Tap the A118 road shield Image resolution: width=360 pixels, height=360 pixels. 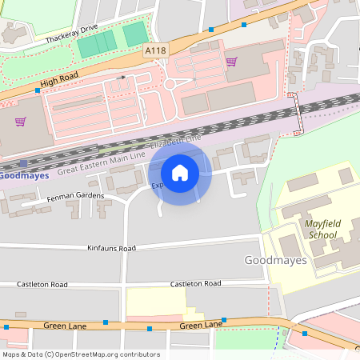pyautogui.click(x=155, y=50)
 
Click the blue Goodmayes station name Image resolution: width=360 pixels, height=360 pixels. pyautogui.click(x=23, y=175)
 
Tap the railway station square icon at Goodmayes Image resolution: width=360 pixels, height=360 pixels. pyautogui.click(x=24, y=163)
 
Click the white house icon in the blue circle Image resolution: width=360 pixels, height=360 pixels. pyautogui.click(x=180, y=173)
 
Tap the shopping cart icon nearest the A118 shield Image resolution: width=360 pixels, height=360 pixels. pyautogui.click(x=231, y=62)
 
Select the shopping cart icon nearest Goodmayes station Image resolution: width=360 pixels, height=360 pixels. pyautogui.click(x=21, y=122)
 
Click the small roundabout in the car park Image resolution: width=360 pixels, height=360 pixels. pyautogui.click(x=169, y=84)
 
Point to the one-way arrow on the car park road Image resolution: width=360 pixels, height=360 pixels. pyautogui.click(x=122, y=78)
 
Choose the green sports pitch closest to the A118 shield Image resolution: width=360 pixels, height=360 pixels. pyautogui.click(x=135, y=34)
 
